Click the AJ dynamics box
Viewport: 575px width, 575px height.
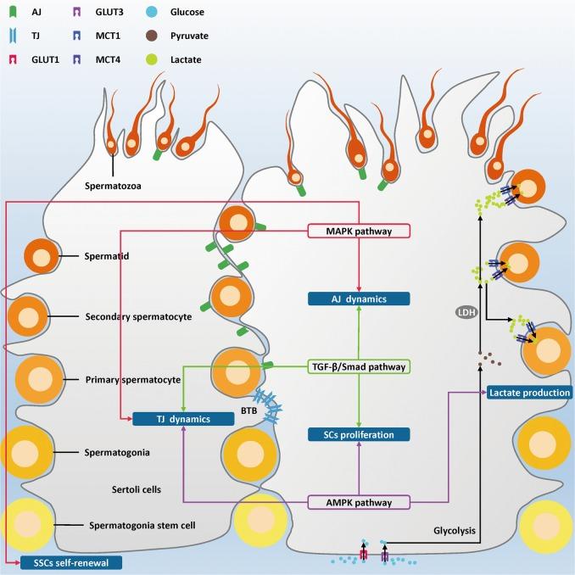pyautogui.click(x=360, y=299)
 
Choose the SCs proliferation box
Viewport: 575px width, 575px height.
pyautogui.click(x=360, y=434)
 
